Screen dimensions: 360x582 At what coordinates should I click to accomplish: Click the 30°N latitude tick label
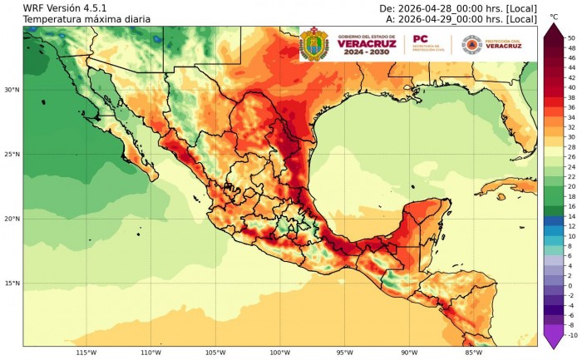tap(11, 90)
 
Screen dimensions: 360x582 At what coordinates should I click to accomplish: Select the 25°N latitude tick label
tap(11, 155)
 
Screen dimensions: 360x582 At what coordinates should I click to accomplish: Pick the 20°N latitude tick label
tap(11, 219)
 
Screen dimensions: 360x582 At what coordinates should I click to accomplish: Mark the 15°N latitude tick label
tap(11, 284)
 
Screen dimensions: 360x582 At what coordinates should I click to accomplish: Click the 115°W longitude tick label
tap(86, 353)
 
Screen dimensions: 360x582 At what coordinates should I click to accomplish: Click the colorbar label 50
tap(571, 38)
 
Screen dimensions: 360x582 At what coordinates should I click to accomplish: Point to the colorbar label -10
tap(571, 335)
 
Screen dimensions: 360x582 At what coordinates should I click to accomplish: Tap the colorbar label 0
tap(570, 285)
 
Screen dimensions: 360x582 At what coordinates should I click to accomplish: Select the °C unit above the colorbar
tap(553, 17)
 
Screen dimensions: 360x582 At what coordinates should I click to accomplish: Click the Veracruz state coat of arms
tap(313, 43)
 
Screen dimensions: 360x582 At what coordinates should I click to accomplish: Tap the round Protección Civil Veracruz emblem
tap(471, 43)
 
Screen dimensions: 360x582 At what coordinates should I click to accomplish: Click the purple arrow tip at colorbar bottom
tap(553, 342)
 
